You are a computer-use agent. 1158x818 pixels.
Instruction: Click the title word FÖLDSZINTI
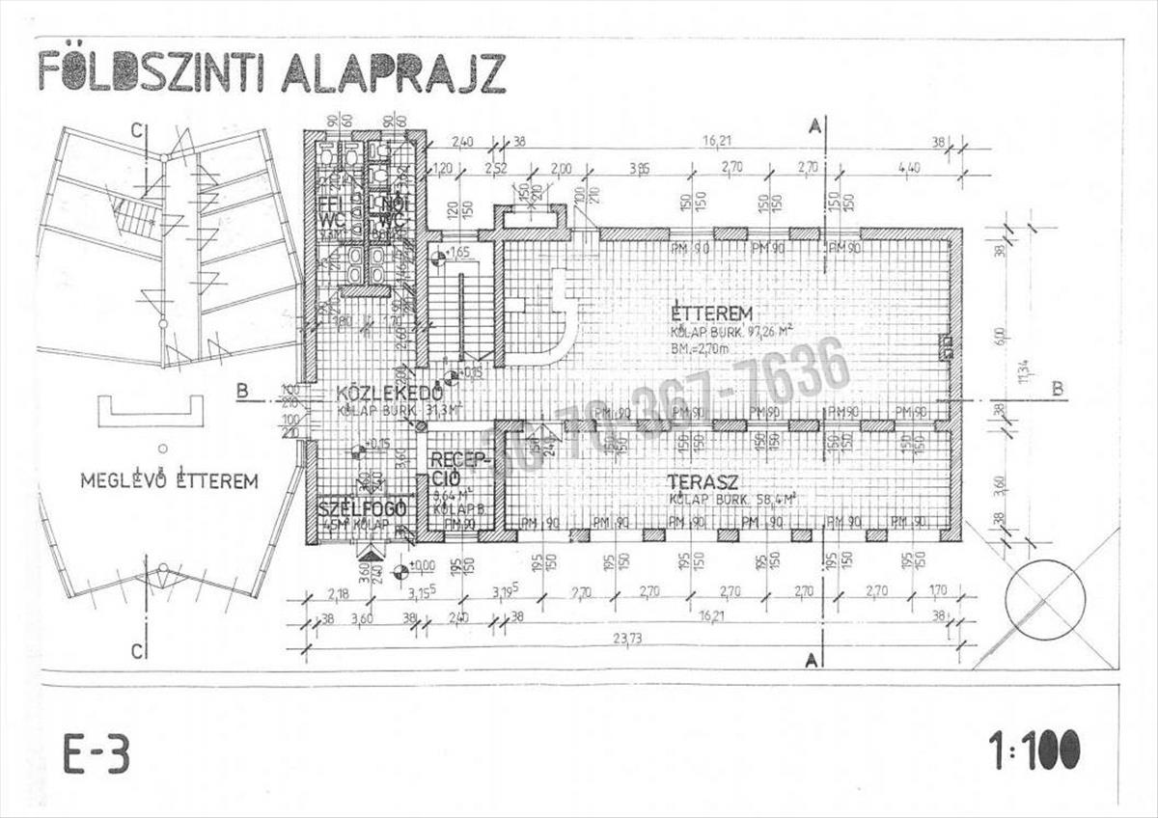coord(151,72)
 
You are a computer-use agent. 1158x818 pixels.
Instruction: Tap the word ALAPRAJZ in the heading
coord(393,72)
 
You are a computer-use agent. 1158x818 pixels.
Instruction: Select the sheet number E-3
coord(96,753)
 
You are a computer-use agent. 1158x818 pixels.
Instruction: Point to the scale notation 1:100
coord(1033,750)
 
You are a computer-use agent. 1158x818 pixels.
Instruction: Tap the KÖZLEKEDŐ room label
coord(390,394)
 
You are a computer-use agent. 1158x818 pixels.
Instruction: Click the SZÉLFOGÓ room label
coord(362,508)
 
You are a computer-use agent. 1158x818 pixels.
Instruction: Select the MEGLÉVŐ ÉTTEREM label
coord(169,480)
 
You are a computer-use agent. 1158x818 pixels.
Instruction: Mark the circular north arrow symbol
coord(1044,598)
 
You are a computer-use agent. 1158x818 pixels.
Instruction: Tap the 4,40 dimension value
coord(908,167)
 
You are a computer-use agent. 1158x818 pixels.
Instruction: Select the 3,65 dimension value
coord(638,167)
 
